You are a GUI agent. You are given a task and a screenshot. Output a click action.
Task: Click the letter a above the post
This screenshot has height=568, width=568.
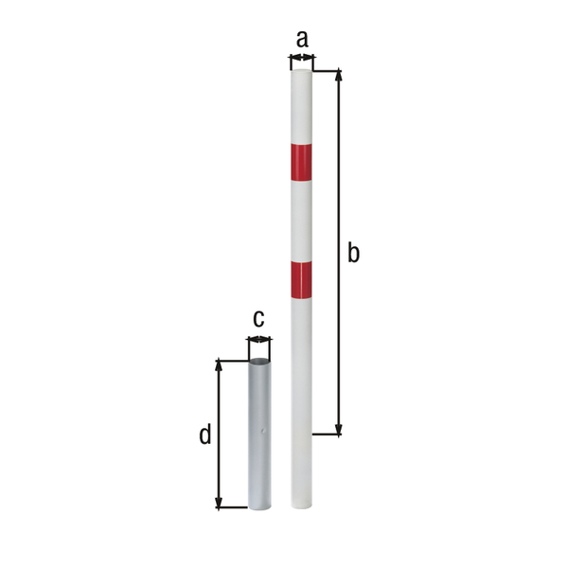tap(302, 39)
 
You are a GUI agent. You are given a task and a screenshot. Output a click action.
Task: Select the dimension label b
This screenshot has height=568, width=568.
tap(353, 253)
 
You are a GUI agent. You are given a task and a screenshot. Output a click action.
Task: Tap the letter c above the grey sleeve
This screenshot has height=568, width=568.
tap(257, 318)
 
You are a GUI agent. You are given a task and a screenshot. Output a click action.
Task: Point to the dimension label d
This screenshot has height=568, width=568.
tap(204, 435)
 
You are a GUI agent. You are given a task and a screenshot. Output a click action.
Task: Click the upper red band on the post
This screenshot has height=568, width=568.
tap(301, 162)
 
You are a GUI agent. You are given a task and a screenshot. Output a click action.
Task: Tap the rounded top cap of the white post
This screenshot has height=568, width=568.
tap(301, 72)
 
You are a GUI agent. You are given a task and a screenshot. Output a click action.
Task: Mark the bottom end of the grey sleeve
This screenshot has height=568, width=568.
tap(258, 506)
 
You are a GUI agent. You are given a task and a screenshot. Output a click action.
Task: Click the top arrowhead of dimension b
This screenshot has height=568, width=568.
tap(338, 76)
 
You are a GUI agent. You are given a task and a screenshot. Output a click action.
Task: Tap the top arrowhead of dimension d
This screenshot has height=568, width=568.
tap(220, 366)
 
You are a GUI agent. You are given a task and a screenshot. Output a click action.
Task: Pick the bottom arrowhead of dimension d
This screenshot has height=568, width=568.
tap(220, 502)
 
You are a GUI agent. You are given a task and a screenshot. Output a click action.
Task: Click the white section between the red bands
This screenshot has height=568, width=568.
tap(301, 221)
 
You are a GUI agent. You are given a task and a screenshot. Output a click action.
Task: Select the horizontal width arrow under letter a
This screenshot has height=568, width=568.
tap(301, 61)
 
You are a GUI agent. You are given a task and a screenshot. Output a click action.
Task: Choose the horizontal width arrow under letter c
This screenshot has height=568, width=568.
tap(258, 339)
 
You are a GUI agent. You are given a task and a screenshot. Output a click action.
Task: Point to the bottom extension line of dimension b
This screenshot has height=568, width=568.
tap(327, 435)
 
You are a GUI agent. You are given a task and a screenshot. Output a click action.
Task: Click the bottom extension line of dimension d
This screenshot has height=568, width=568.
tap(232, 507)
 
